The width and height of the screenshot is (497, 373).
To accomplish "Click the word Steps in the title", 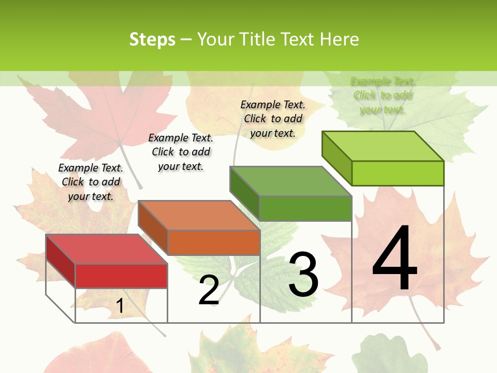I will [152, 39].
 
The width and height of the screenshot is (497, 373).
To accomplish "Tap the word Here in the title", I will [339, 39].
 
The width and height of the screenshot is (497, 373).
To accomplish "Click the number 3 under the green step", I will [303, 275].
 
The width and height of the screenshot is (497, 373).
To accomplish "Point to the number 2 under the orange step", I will [209, 290].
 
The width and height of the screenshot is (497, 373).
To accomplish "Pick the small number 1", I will [120, 306].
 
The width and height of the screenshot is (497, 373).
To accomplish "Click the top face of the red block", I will [106, 249].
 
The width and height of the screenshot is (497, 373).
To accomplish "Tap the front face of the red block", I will [121, 276].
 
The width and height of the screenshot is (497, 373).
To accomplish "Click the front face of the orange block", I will [214, 242].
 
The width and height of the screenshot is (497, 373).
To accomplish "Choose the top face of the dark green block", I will [290, 181].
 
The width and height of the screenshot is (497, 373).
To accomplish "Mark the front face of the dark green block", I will [305, 208].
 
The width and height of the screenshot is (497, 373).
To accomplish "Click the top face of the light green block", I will [383, 146].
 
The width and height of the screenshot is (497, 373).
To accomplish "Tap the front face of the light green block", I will [398, 173].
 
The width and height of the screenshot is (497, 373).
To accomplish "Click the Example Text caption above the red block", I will [91, 182].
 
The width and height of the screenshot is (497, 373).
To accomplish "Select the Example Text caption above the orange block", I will [181, 152].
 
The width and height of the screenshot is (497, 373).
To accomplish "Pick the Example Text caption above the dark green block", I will [273, 119].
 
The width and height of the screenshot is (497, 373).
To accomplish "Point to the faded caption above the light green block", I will [383, 95].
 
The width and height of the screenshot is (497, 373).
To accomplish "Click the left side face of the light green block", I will [337, 158].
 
